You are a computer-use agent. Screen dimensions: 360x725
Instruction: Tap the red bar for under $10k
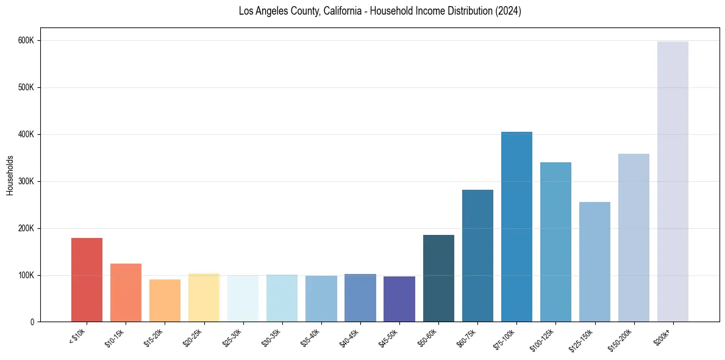click(x=87, y=280)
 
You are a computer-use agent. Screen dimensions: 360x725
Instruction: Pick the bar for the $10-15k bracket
click(x=126, y=293)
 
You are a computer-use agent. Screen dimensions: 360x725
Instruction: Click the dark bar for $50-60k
click(x=438, y=278)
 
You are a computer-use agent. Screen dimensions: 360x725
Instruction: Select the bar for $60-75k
click(x=477, y=256)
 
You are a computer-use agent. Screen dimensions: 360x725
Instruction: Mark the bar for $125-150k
click(x=595, y=262)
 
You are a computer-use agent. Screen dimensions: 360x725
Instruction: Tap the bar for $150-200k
click(x=634, y=238)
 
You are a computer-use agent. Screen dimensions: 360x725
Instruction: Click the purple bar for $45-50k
click(x=399, y=299)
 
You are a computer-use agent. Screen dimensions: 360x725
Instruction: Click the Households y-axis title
click(x=10, y=175)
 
